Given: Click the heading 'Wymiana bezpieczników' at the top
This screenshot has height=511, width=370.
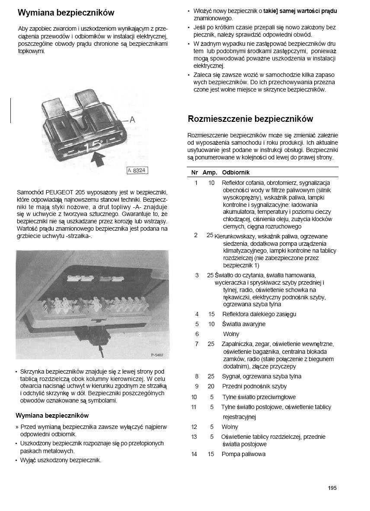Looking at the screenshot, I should click(66, 13).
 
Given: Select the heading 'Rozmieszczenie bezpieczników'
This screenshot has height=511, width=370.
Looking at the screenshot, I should click(250, 119).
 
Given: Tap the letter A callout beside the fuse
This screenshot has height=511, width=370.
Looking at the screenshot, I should click(132, 119).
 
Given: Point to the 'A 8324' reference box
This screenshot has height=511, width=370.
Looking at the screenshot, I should click(137, 171).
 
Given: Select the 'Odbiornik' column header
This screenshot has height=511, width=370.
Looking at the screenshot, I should click(236, 172).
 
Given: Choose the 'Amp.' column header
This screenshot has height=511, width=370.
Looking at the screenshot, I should click(210, 172).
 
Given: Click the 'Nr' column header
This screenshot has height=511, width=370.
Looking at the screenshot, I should click(195, 172).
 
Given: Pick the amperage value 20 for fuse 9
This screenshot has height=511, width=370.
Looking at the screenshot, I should click(211, 386).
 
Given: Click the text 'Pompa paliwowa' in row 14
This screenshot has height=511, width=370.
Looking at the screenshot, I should click(243, 454).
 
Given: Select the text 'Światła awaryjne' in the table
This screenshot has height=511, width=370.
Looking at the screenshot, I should click(244, 324).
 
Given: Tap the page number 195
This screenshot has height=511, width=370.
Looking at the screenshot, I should click(332, 488).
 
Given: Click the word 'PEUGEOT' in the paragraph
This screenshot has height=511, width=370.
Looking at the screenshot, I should click(59, 192).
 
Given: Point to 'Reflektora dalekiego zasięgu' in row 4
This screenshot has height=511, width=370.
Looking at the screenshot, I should click(259, 314).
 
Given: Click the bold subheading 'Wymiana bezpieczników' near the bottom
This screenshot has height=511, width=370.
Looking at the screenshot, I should click(52, 416).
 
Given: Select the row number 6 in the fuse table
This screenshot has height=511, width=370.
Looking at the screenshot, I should click(197, 334).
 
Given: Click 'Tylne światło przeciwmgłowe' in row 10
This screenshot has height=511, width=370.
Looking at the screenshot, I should click(259, 397).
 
